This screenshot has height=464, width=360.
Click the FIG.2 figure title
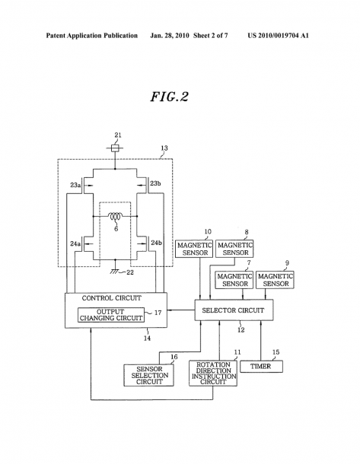[x=169, y=97]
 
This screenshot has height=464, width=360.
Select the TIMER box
[x=261, y=367]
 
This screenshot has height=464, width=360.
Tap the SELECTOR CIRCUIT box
[x=234, y=310]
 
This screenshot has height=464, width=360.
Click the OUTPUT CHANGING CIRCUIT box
[x=111, y=315]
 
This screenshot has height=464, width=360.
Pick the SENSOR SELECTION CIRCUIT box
[x=148, y=375]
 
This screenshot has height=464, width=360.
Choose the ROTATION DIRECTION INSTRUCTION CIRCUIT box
[x=213, y=373]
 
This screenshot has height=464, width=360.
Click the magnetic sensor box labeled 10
[x=194, y=249]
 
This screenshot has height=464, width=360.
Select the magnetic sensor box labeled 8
[x=234, y=249]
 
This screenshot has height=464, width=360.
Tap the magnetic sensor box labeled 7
[x=234, y=280]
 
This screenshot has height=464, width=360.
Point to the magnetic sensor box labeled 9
[x=275, y=280]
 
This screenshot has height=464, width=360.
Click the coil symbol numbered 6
[x=115, y=217]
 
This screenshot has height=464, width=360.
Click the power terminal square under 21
[x=115, y=148]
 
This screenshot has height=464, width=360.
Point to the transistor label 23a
[x=75, y=185]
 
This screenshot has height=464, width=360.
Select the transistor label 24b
[x=157, y=243]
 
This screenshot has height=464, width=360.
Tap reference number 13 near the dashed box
[x=164, y=148]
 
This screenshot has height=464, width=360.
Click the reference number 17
[x=158, y=313]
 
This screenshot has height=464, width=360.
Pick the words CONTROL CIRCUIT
[x=112, y=298]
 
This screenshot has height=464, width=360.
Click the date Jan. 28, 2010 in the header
[x=169, y=36]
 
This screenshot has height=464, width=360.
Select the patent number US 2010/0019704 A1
[x=279, y=36]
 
